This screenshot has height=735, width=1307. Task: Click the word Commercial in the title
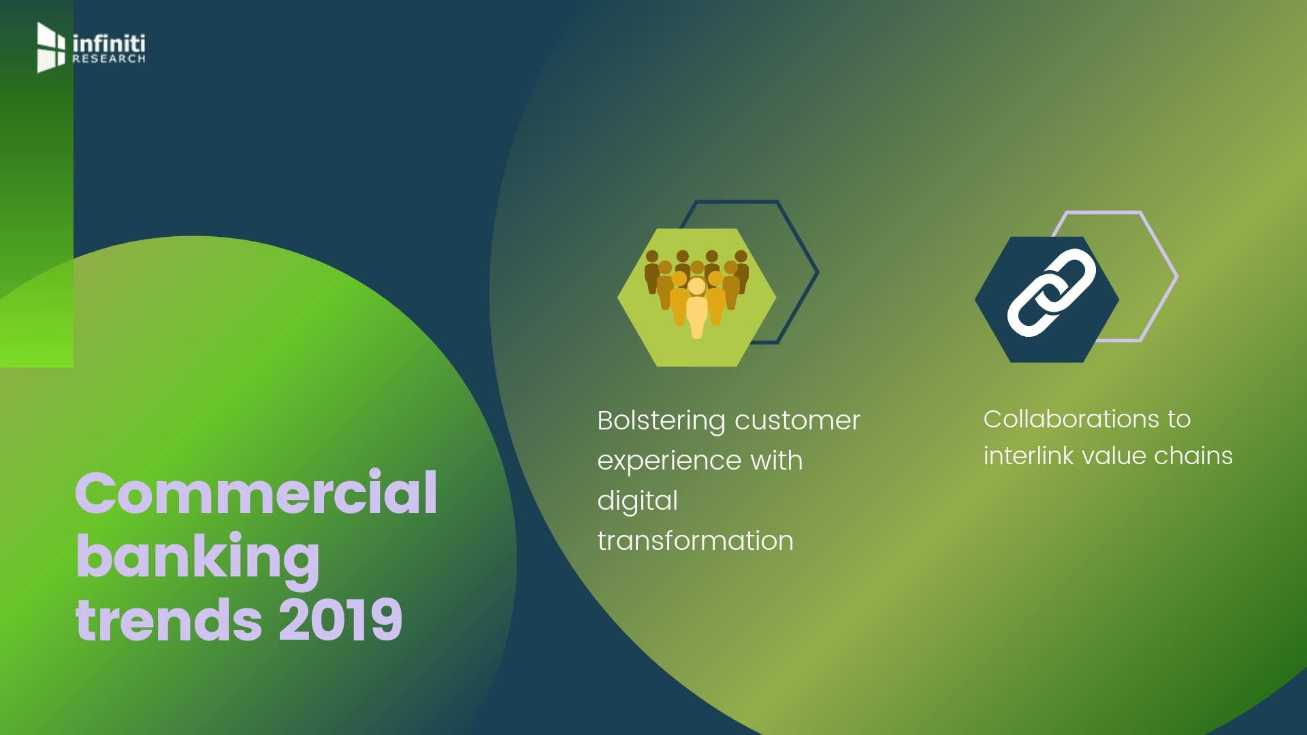[x=256, y=493]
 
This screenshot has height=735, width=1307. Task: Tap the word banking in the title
[x=197, y=557]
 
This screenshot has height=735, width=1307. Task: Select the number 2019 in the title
[x=340, y=620]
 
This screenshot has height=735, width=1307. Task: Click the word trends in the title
[x=169, y=620]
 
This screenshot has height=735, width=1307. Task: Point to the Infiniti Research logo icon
[x=51, y=47]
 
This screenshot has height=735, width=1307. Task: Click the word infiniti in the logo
[x=109, y=43]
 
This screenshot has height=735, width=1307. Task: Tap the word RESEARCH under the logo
[x=109, y=59]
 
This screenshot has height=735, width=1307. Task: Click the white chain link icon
[x=1051, y=293]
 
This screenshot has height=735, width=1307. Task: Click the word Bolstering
[x=661, y=421]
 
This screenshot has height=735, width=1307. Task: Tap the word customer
[x=797, y=421]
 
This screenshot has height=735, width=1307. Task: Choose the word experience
[x=669, y=461]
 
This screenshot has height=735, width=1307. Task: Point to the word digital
[x=637, y=502]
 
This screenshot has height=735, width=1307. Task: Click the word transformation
[x=695, y=541]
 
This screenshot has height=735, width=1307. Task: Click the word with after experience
[x=776, y=461]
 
